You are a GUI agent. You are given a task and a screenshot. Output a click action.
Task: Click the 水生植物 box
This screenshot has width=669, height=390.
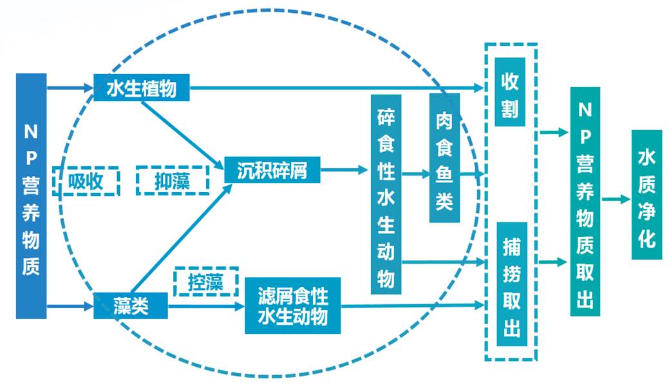click(142, 88)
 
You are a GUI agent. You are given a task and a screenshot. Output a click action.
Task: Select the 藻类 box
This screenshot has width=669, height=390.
click(131, 305)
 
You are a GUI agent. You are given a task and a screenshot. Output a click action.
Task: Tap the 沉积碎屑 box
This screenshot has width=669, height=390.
click(272, 171)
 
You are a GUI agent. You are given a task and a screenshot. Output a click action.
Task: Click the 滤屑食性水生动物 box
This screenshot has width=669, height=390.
click(292, 306)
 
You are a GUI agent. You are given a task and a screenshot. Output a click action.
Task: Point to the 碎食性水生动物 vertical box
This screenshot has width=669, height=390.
click(386, 193)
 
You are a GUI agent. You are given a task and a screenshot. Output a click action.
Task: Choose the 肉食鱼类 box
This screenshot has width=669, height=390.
click(444, 158)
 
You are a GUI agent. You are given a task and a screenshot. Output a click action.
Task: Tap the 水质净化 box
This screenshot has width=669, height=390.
click(646, 195)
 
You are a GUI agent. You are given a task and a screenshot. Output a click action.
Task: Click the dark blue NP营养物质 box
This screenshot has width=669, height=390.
click(31, 196)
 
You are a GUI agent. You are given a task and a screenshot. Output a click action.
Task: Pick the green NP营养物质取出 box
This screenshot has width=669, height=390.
click(585, 201)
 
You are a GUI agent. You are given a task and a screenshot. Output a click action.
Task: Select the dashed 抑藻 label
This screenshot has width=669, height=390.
click(173, 180)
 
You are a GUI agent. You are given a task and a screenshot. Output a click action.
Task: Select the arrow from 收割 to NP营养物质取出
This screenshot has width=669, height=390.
click(554, 133)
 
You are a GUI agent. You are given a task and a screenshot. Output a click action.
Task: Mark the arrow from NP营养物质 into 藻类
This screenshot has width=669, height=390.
click(70, 306)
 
